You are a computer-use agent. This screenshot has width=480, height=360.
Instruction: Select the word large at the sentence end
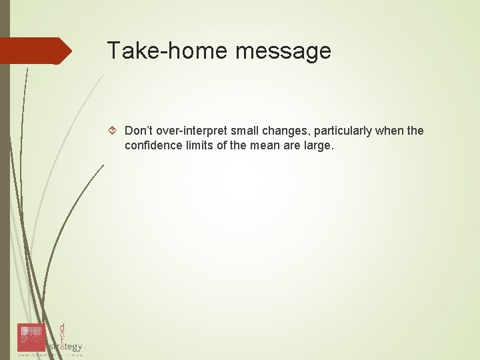click(317, 145)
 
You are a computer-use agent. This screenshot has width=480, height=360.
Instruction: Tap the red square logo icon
click(31, 337)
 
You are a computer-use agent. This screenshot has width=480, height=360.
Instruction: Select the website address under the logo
click(49, 355)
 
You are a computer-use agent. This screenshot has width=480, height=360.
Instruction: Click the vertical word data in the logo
click(62, 333)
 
